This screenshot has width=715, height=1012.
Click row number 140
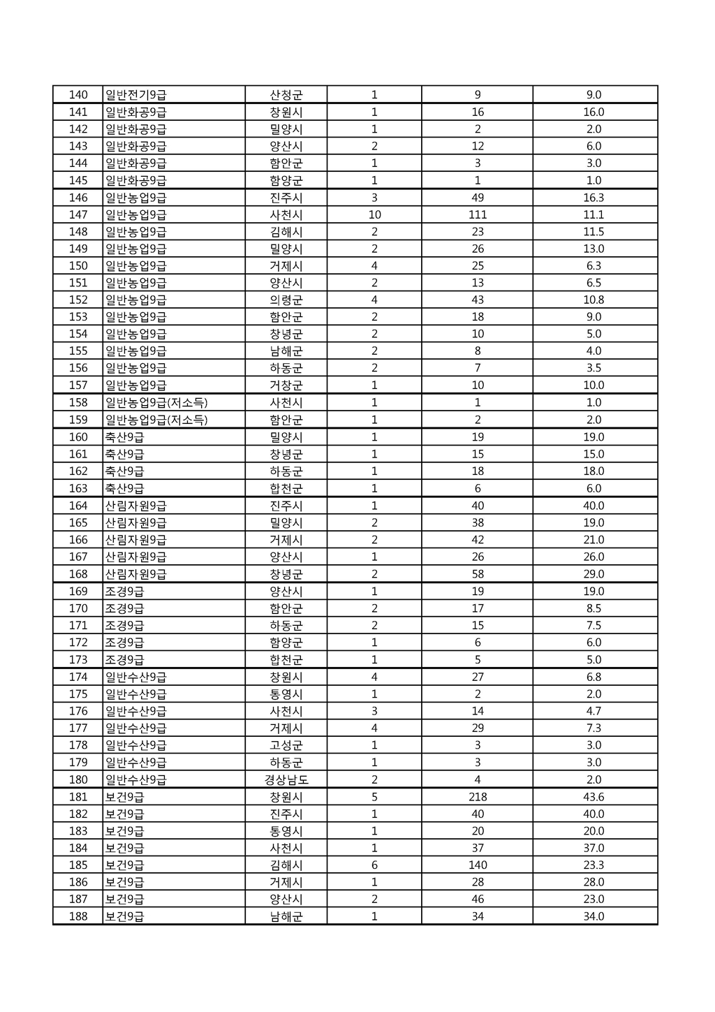[78, 95]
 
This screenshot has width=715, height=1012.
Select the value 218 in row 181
[478, 797]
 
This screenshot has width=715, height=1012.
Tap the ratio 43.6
[594, 797]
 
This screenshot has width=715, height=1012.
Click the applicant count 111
[478, 214]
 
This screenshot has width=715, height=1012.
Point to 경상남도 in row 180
[286, 779]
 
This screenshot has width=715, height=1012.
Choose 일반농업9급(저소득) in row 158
[156, 402]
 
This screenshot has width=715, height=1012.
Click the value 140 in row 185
[478, 865]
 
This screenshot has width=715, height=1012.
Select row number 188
[78, 916]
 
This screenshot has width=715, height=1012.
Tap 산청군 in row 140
[286, 95]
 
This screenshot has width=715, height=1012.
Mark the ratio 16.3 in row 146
[594, 198]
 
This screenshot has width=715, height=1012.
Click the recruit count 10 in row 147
[374, 214]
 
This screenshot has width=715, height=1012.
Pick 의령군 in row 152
[286, 300]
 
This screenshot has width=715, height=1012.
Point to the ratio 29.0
[594, 574]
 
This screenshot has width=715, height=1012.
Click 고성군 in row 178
[286, 745]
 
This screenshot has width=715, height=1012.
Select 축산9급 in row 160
[125, 437]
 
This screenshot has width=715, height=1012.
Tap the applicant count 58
[478, 574]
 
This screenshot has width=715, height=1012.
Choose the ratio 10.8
[594, 300]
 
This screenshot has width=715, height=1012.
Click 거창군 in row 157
[286, 385]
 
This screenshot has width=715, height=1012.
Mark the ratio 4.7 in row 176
[594, 711]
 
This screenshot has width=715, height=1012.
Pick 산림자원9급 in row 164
[136, 506]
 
